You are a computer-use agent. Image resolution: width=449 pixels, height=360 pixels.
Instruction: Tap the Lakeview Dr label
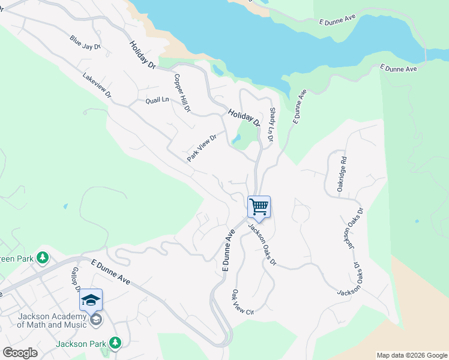(x=97, y=85)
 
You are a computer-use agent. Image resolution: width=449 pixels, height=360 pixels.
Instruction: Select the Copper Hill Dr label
(x=182, y=93)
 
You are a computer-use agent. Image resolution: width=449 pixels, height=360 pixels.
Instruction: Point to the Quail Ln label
(x=157, y=100)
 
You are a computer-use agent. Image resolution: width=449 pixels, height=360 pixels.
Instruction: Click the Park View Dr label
(x=201, y=148)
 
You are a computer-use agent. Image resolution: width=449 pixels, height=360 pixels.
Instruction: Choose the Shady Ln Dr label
(x=271, y=124)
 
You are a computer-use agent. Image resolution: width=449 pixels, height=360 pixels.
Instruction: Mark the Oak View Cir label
(x=243, y=304)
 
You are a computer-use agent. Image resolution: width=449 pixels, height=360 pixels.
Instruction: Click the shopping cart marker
(x=259, y=207)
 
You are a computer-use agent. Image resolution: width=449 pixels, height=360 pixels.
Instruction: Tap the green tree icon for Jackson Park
(x=115, y=343)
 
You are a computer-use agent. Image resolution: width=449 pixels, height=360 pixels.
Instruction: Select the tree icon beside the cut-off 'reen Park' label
(x=42, y=258)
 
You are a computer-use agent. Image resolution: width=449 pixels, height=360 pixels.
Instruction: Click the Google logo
(x=20, y=353)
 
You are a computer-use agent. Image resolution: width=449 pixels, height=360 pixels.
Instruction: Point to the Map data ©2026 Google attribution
(x=411, y=355)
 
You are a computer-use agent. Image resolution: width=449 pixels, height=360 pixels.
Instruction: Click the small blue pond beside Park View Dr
(x=236, y=139)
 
